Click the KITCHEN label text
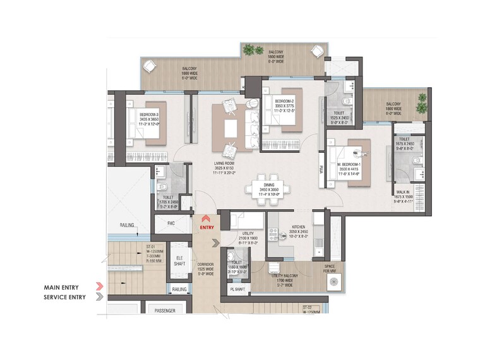(299, 226)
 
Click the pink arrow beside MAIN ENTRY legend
(99, 287)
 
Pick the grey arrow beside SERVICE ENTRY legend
(99, 297)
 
